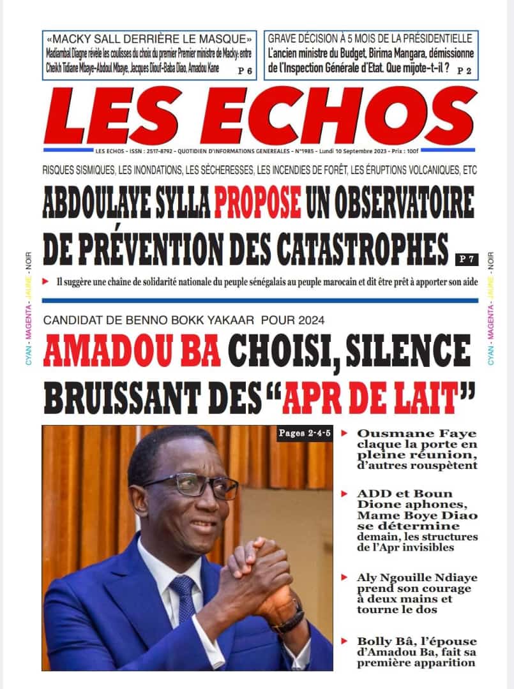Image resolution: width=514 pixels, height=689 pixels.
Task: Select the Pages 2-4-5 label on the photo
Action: (304, 434)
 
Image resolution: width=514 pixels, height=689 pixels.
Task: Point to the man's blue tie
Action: (187, 598)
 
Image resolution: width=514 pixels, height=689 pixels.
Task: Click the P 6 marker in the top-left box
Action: (244, 71)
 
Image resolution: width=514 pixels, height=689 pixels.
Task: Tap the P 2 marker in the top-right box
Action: (464, 71)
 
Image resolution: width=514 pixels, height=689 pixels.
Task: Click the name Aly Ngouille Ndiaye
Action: (416, 578)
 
